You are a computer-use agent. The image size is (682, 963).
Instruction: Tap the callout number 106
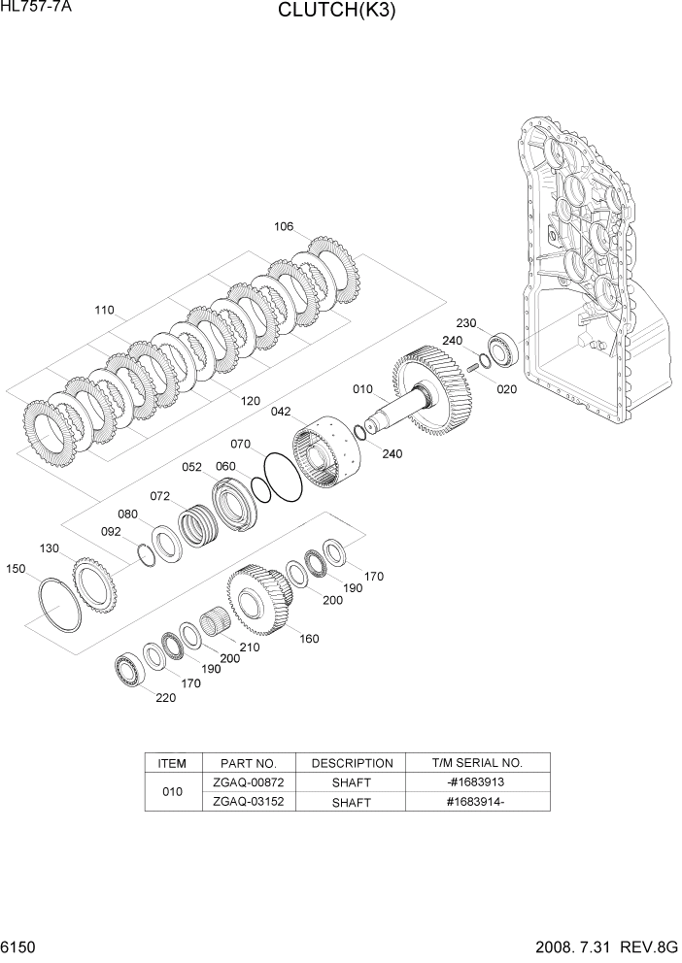point(283,227)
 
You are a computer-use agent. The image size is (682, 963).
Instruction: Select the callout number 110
point(104,311)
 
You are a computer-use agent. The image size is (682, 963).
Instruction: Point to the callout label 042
point(281,412)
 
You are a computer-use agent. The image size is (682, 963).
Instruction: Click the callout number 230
point(466,323)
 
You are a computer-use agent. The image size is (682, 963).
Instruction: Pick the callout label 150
point(17,569)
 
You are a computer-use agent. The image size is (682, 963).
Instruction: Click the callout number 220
point(166,697)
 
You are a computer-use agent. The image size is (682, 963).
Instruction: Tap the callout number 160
point(309,639)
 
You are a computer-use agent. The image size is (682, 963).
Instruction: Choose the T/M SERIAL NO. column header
point(477,763)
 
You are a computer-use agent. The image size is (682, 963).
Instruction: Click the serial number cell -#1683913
point(477,781)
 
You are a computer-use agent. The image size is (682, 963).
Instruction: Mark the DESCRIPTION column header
point(352,763)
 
